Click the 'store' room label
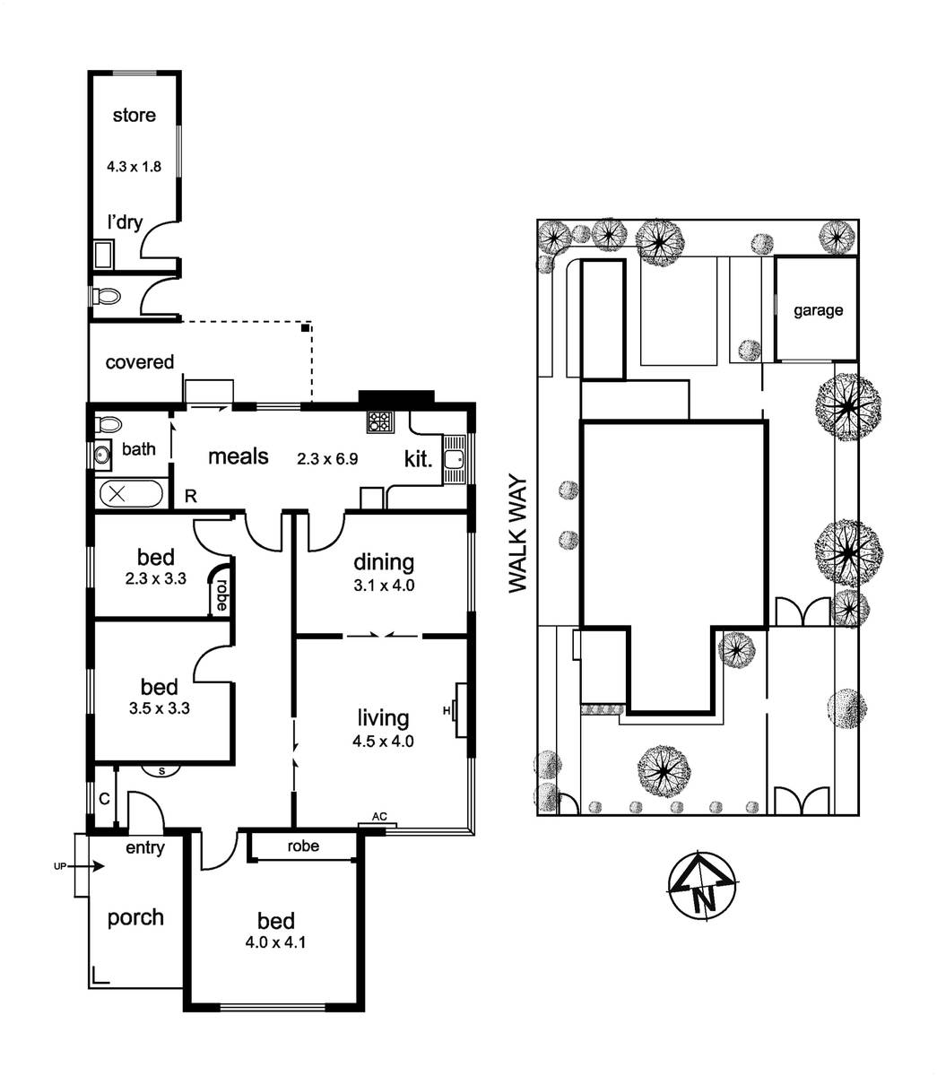point(134,115)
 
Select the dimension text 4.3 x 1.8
point(134,167)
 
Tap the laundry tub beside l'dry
point(104,255)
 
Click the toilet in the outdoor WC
point(106,296)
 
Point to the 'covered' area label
point(139,362)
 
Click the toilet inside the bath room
point(108,423)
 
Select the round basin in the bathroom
point(102,454)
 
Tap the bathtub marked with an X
point(132,494)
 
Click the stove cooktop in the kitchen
point(380,421)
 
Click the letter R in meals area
point(190,496)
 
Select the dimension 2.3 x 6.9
point(327,459)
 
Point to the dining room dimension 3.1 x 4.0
point(384,586)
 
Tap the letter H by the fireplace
point(447,711)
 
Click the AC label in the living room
point(379,816)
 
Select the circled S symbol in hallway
point(161,771)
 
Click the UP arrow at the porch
point(84,866)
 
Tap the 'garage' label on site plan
point(818,310)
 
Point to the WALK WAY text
point(517,534)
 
